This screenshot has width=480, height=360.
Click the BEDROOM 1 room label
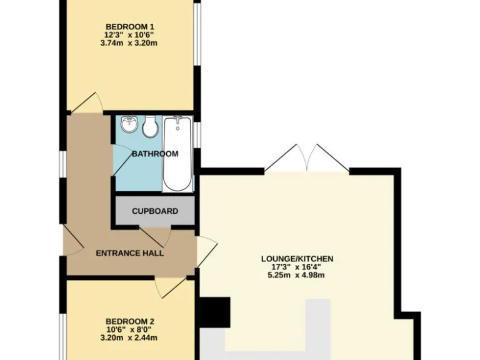pos(130,26)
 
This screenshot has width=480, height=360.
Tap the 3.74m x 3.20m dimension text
pos(130,44)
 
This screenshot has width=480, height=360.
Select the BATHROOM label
pos(154,154)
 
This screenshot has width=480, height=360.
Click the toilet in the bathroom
pos(150,127)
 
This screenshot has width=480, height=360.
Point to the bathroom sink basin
pos(129,124)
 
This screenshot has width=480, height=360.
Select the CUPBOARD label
pos(154,211)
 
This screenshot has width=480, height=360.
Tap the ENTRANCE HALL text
pos(129,253)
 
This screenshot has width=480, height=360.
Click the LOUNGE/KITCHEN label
pos(297,259)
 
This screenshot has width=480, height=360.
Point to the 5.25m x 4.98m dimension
pos(297,276)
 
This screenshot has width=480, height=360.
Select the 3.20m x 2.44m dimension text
pos(130,338)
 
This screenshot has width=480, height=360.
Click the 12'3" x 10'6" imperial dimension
pos(130,35)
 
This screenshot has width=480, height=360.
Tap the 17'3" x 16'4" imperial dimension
pos(297,267)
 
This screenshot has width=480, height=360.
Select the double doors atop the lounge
pos(306,159)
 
